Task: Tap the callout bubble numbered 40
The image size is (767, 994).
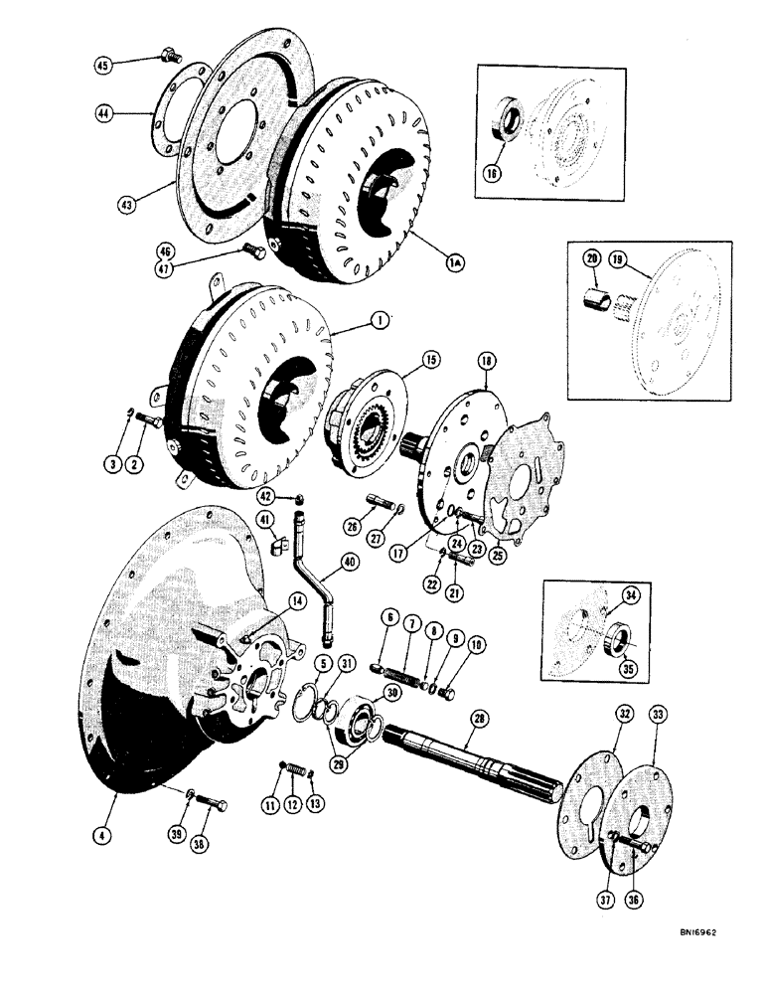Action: (x=349, y=562)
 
